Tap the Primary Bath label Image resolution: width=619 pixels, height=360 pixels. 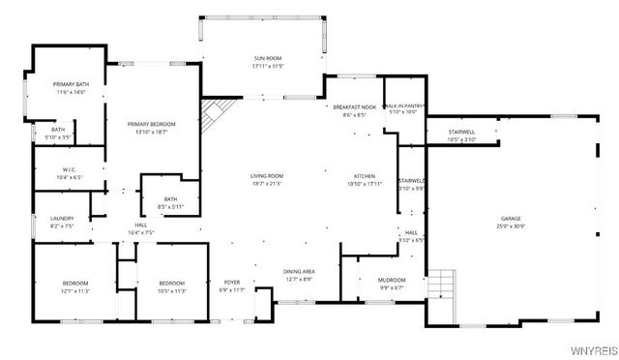[70, 84]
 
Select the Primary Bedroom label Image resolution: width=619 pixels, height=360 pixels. [151, 124]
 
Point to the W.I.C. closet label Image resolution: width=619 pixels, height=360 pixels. [55, 170]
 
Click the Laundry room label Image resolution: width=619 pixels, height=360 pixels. [62, 219]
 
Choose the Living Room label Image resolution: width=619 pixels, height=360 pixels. [267, 175]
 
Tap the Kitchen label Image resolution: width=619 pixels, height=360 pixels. [365, 175]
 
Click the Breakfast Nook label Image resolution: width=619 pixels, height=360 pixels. [354, 106]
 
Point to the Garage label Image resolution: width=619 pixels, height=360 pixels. [511, 219]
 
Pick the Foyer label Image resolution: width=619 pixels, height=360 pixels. [233, 282]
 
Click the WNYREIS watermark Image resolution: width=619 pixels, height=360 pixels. [594, 351]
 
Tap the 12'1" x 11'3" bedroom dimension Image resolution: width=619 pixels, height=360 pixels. [74, 289]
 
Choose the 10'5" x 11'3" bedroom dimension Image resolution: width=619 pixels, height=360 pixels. [172, 289]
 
